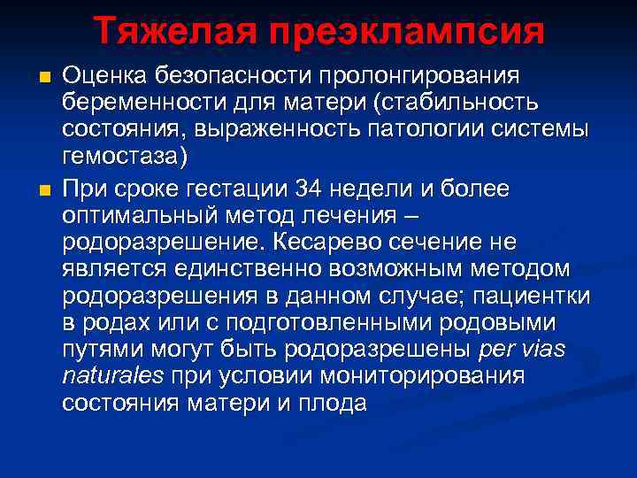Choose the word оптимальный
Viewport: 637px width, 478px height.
coord(142,215)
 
